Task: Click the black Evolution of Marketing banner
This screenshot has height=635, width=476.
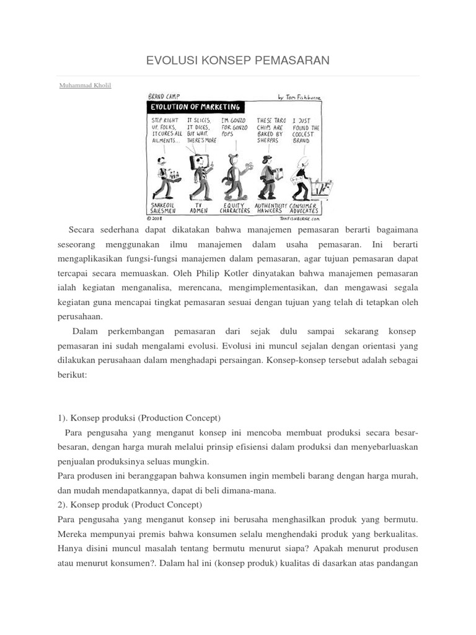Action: pyautogui.click(x=193, y=106)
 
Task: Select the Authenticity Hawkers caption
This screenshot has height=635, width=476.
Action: pyautogui.click(x=271, y=207)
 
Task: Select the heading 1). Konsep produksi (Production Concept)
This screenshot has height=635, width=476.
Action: pyautogui.click(x=139, y=418)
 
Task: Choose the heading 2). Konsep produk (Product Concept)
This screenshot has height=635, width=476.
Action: pyautogui.click(x=129, y=504)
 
